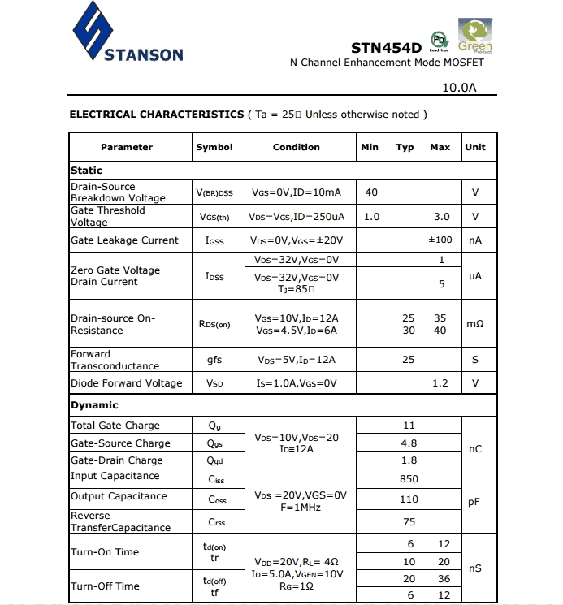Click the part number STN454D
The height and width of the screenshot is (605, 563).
point(386,48)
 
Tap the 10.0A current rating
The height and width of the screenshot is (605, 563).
point(458,87)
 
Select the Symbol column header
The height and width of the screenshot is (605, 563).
point(214,147)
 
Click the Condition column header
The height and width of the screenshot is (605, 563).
point(297,147)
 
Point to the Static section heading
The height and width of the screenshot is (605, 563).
point(87,171)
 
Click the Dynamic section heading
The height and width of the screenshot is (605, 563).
point(94,405)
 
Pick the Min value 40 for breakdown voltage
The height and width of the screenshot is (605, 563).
point(371,192)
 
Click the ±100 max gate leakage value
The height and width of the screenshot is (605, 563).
point(440,240)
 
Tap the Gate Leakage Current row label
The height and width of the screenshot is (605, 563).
point(124,240)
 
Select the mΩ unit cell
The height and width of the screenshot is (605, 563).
point(474,324)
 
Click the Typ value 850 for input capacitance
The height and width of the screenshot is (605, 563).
point(409,479)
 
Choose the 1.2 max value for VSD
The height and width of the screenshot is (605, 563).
point(440,383)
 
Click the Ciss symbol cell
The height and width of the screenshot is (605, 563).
point(216,479)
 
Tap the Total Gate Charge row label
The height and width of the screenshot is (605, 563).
point(115,426)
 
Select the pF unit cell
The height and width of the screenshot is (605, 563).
point(474,502)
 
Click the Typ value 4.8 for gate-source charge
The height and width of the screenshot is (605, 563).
point(409,443)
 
